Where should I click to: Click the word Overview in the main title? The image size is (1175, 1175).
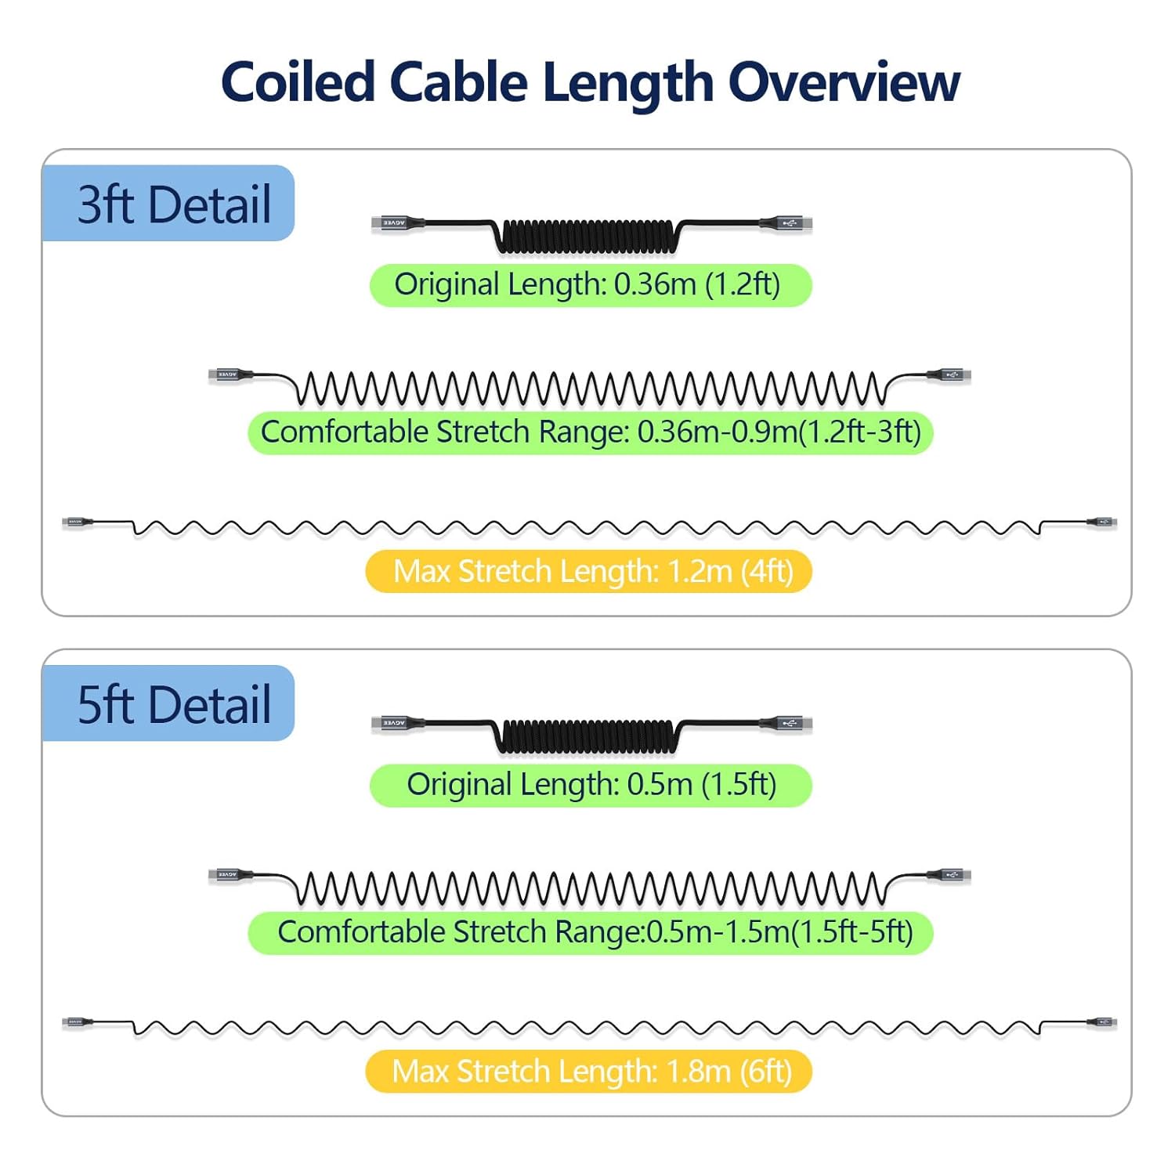(x=844, y=82)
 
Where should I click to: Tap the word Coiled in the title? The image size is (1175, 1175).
(x=298, y=82)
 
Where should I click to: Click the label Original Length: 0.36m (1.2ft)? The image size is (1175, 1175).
(x=590, y=285)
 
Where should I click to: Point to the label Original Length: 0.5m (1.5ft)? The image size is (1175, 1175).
(x=590, y=785)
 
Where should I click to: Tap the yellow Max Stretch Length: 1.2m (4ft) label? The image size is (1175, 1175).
(x=589, y=572)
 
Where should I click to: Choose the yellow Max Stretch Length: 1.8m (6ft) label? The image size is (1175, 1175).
(x=589, y=1072)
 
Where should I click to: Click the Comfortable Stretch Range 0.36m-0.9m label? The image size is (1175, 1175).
(x=591, y=432)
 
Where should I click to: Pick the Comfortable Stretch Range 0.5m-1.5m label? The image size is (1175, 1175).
(x=591, y=932)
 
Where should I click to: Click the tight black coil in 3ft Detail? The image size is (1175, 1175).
(x=587, y=237)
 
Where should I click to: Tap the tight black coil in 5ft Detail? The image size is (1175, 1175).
(x=587, y=737)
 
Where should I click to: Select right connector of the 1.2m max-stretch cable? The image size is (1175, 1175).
(x=1103, y=522)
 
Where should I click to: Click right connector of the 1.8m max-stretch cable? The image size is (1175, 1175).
(x=1103, y=1022)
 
